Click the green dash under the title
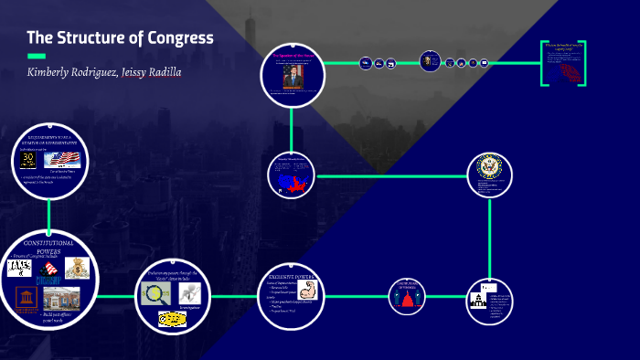pyautogui.click(x=36, y=56)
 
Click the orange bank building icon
pyautogui.click(x=21, y=299)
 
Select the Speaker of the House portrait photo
pyautogui.click(x=292, y=78)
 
